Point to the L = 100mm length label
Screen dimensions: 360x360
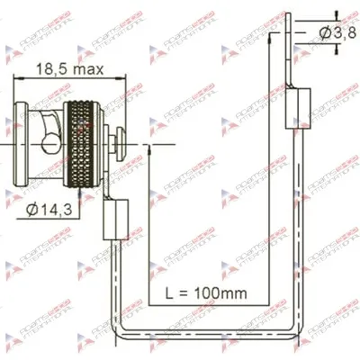(x=207, y=292)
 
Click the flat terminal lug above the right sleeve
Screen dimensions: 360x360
(x=291, y=54)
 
